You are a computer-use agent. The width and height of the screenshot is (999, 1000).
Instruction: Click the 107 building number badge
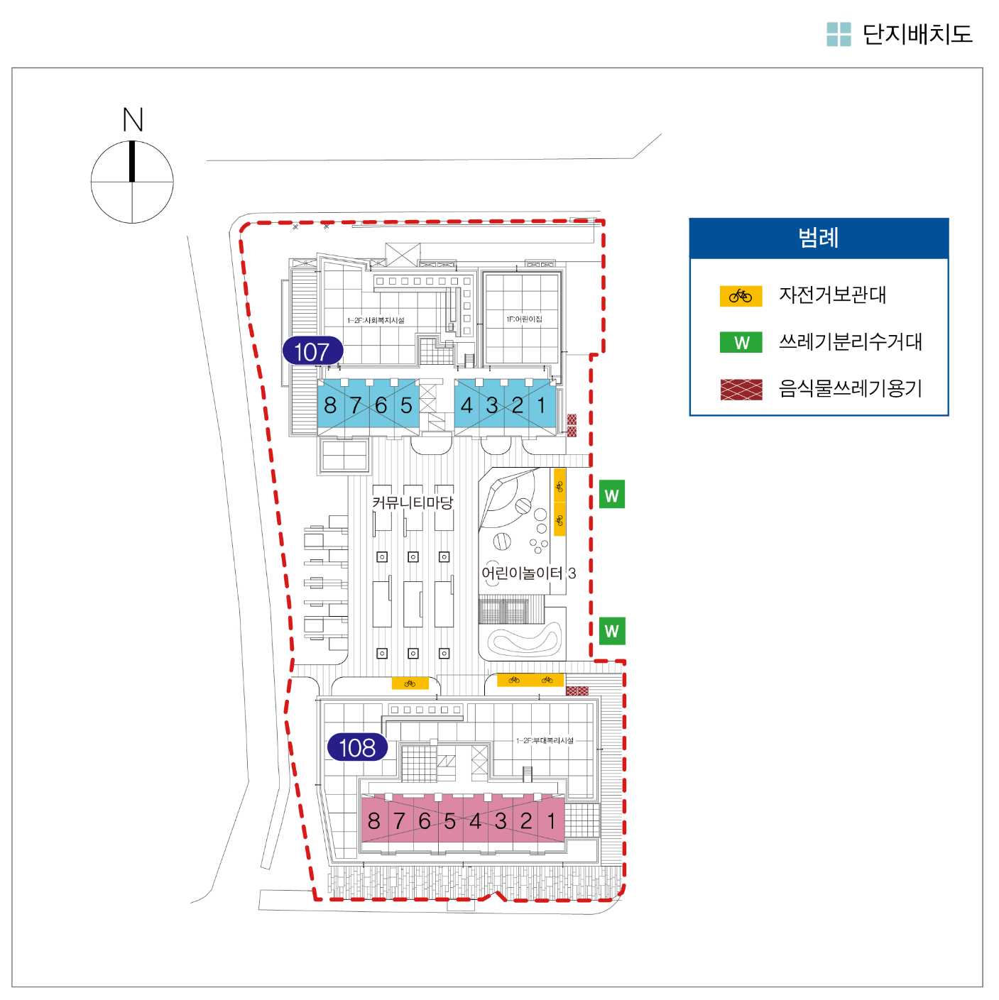point(312,351)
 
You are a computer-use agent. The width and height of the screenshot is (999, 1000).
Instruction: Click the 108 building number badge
point(357,747)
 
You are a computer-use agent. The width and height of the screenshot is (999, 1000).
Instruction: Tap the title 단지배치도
point(917,34)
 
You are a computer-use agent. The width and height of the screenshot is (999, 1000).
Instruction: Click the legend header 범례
point(819,238)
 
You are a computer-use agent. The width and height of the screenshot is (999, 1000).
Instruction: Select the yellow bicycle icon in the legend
point(741,296)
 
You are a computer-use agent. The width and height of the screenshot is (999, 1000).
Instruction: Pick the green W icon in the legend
point(741,343)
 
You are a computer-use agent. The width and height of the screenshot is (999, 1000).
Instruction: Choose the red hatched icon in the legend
point(741,390)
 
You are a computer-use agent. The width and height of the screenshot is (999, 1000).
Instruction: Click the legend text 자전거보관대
point(833,295)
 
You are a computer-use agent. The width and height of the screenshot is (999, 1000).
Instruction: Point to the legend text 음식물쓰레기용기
point(851,388)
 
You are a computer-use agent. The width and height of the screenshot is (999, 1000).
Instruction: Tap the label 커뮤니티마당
point(413,502)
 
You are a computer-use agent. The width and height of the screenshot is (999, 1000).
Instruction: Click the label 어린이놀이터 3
point(528,573)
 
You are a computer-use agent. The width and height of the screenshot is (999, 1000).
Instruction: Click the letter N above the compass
point(133,119)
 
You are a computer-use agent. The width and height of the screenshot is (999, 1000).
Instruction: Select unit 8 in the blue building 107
point(330,405)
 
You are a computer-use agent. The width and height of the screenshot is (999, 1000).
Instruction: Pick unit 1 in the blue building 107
point(542,405)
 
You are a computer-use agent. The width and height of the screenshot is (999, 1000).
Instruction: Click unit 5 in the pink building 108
point(449,821)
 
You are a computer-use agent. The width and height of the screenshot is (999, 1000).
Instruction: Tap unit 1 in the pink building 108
point(551,821)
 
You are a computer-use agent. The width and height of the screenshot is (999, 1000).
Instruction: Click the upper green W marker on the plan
point(612,495)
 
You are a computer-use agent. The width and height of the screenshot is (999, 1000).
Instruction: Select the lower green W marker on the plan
point(612,630)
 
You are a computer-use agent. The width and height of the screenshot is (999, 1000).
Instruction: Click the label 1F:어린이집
point(524,319)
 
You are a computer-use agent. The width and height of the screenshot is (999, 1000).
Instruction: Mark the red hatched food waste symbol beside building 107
point(572,425)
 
